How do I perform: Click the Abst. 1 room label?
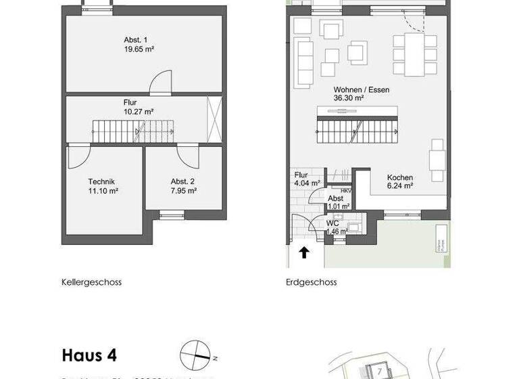pos(135,39)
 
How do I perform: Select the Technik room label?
pos(101,181)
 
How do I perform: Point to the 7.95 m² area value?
pos(183,191)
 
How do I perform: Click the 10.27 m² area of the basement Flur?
pos(139,112)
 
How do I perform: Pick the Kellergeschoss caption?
pos(91,282)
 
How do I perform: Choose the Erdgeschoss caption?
pos(311,282)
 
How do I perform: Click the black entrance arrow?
pos(304,252)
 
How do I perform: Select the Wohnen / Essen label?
pos(361,89)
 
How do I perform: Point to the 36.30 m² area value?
pos(349,98)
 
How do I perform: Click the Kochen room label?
pos(399,178)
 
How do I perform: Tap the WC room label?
pos(332,223)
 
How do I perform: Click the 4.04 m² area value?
pos(306,183)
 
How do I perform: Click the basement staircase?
pos(134,131)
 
